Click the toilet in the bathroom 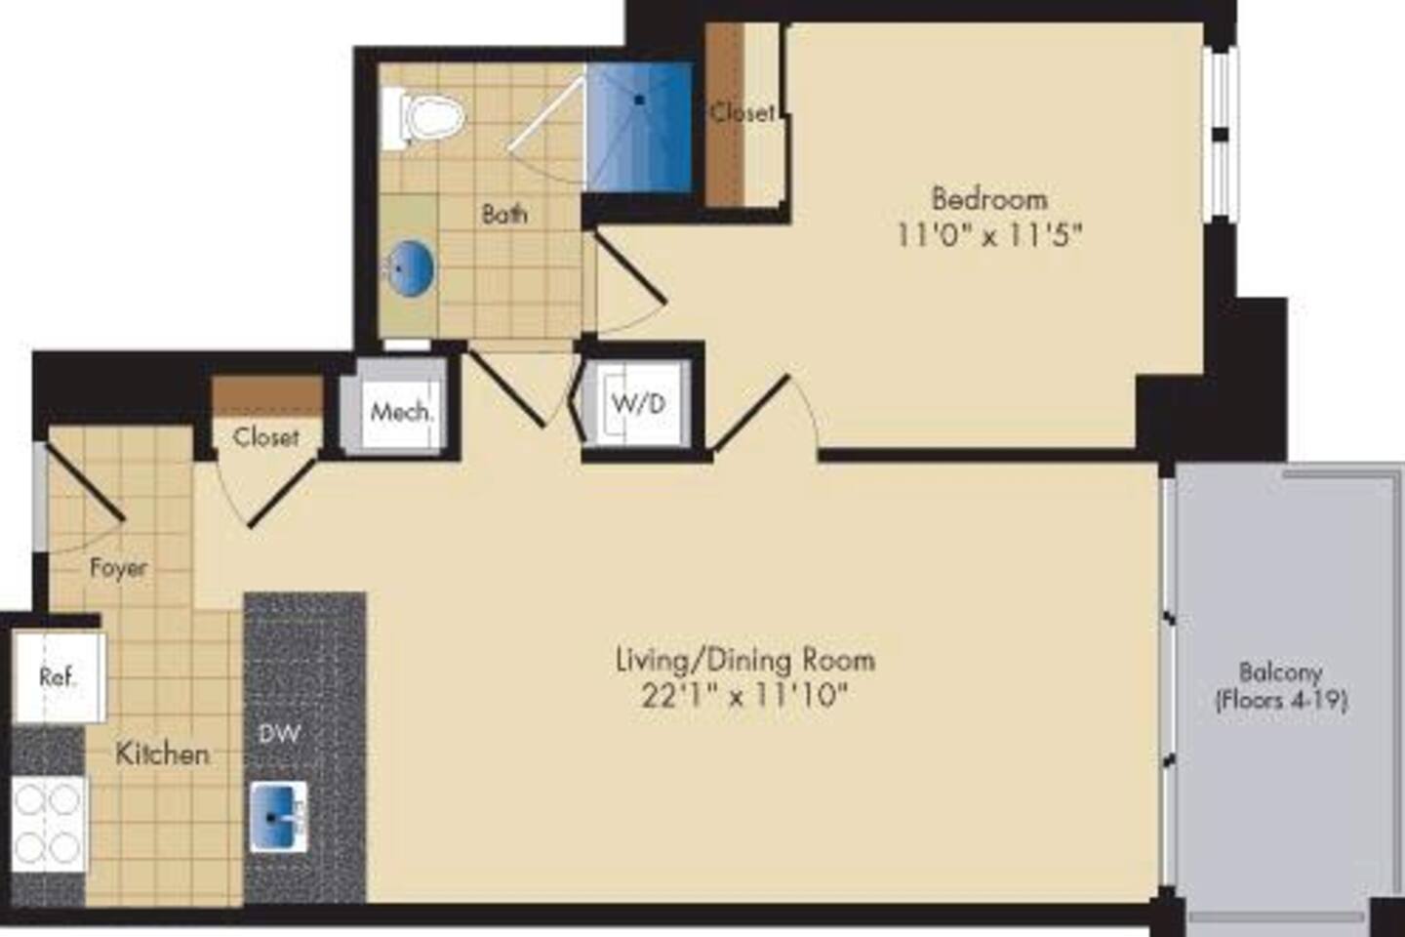click(427, 117)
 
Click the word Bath click(504, 213)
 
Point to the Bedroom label click(989, 199)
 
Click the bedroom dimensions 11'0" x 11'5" click(989, 235)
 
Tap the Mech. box click(400, 411)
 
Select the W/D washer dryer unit click(638, 403)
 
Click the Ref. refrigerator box click(58, 676)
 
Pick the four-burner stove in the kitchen click(48, 823)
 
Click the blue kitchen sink click(278, 815)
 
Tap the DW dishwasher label click(279, 734)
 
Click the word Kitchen click(162, 754)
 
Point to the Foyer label click(118, 567)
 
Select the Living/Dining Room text click(744, 660)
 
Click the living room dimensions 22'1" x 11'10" click(744, 696)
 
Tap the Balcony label click(1280, 672)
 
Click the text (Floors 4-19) click(1281, 700)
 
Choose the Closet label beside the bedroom click(742, 112)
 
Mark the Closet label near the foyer click(265, 436)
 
